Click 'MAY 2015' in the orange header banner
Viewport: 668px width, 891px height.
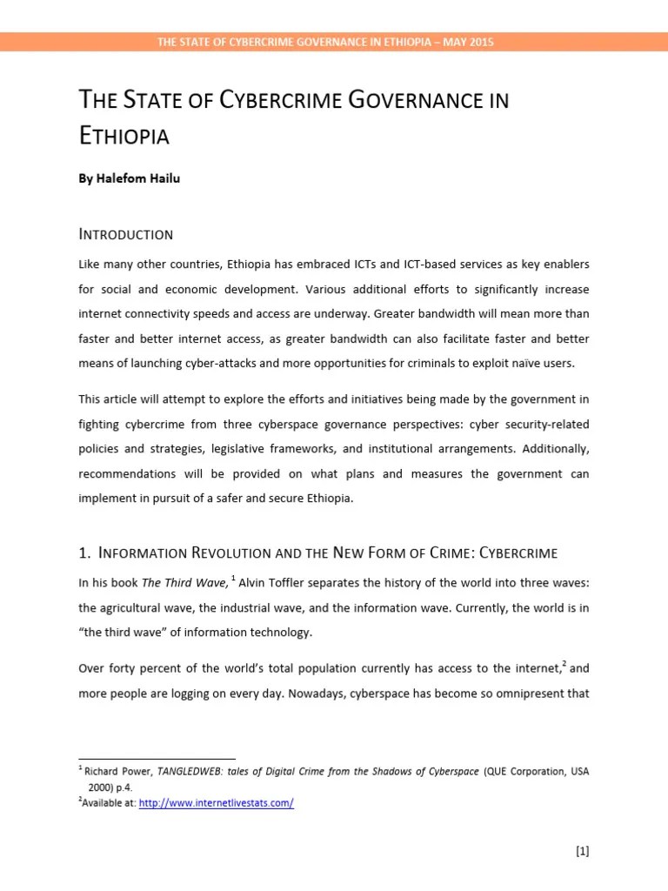(x=470, y=42)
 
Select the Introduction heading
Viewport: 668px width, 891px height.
(x=126, y=234)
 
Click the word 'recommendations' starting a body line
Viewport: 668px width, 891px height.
(x=126, y=474)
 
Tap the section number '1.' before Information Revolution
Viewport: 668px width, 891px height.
(x=85, y=553)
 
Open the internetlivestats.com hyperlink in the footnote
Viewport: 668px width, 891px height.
(x=217, y=803)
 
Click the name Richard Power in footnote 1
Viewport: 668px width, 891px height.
(x=114, y=772)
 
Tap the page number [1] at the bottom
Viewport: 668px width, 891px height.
(x=582, y=852)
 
